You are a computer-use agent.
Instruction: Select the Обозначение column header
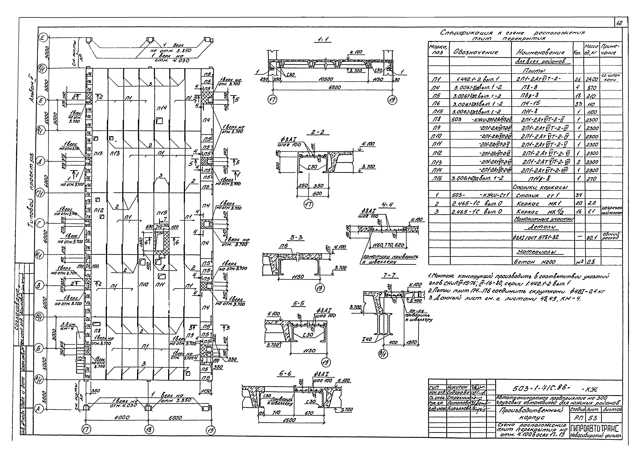(x=476, y=52)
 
